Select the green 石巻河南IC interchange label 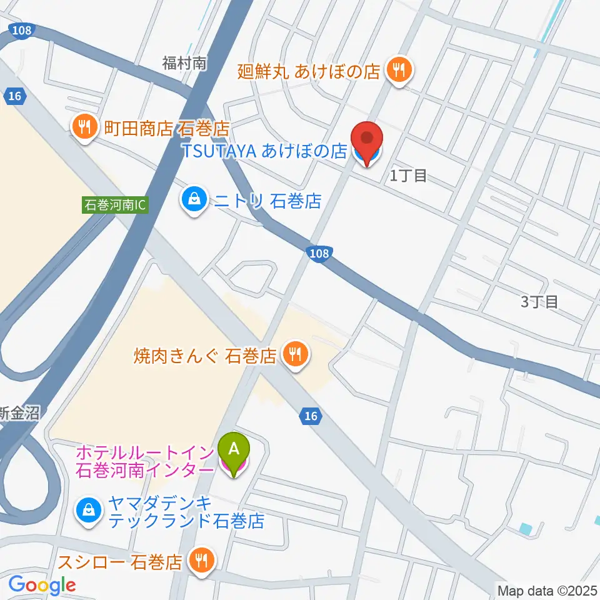[116, 205]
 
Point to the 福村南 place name [184, 62]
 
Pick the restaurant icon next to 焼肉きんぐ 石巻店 [293, 355]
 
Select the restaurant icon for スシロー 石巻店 [200, 561]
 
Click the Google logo [42, 586]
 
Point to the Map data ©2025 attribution [547, 589]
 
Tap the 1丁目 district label [408, 176]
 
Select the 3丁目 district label [539, 302]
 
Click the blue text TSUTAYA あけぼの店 [264, 151]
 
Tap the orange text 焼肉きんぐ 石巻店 [205, 356]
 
